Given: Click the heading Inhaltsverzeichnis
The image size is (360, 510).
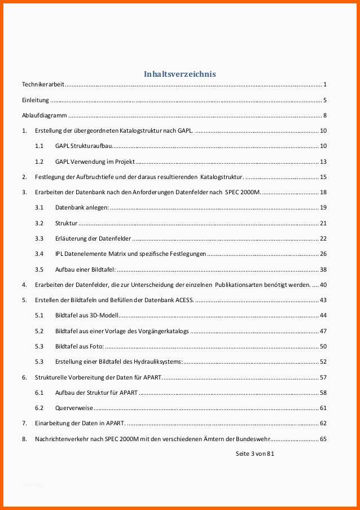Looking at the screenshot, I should pos(179,74).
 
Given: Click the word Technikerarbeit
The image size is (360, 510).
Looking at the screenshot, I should pos(43,85).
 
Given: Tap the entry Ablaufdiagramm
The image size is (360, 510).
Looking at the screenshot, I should pos(45,116).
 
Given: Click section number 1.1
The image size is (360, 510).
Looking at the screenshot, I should pos(39,146).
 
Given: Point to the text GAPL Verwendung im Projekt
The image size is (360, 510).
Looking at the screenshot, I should pos(95,162).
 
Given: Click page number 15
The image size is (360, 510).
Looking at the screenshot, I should pos(323,177).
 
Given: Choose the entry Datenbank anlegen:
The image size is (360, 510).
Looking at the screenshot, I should pos(82,207).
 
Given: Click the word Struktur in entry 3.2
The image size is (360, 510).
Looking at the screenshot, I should pos(66,223).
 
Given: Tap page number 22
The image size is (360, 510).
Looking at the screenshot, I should pos(323,238).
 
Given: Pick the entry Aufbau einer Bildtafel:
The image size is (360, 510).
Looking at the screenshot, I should pos(85,269).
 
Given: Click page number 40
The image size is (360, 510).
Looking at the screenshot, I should pos(323,285).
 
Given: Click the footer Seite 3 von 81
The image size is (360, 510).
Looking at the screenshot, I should pos(255,453).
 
